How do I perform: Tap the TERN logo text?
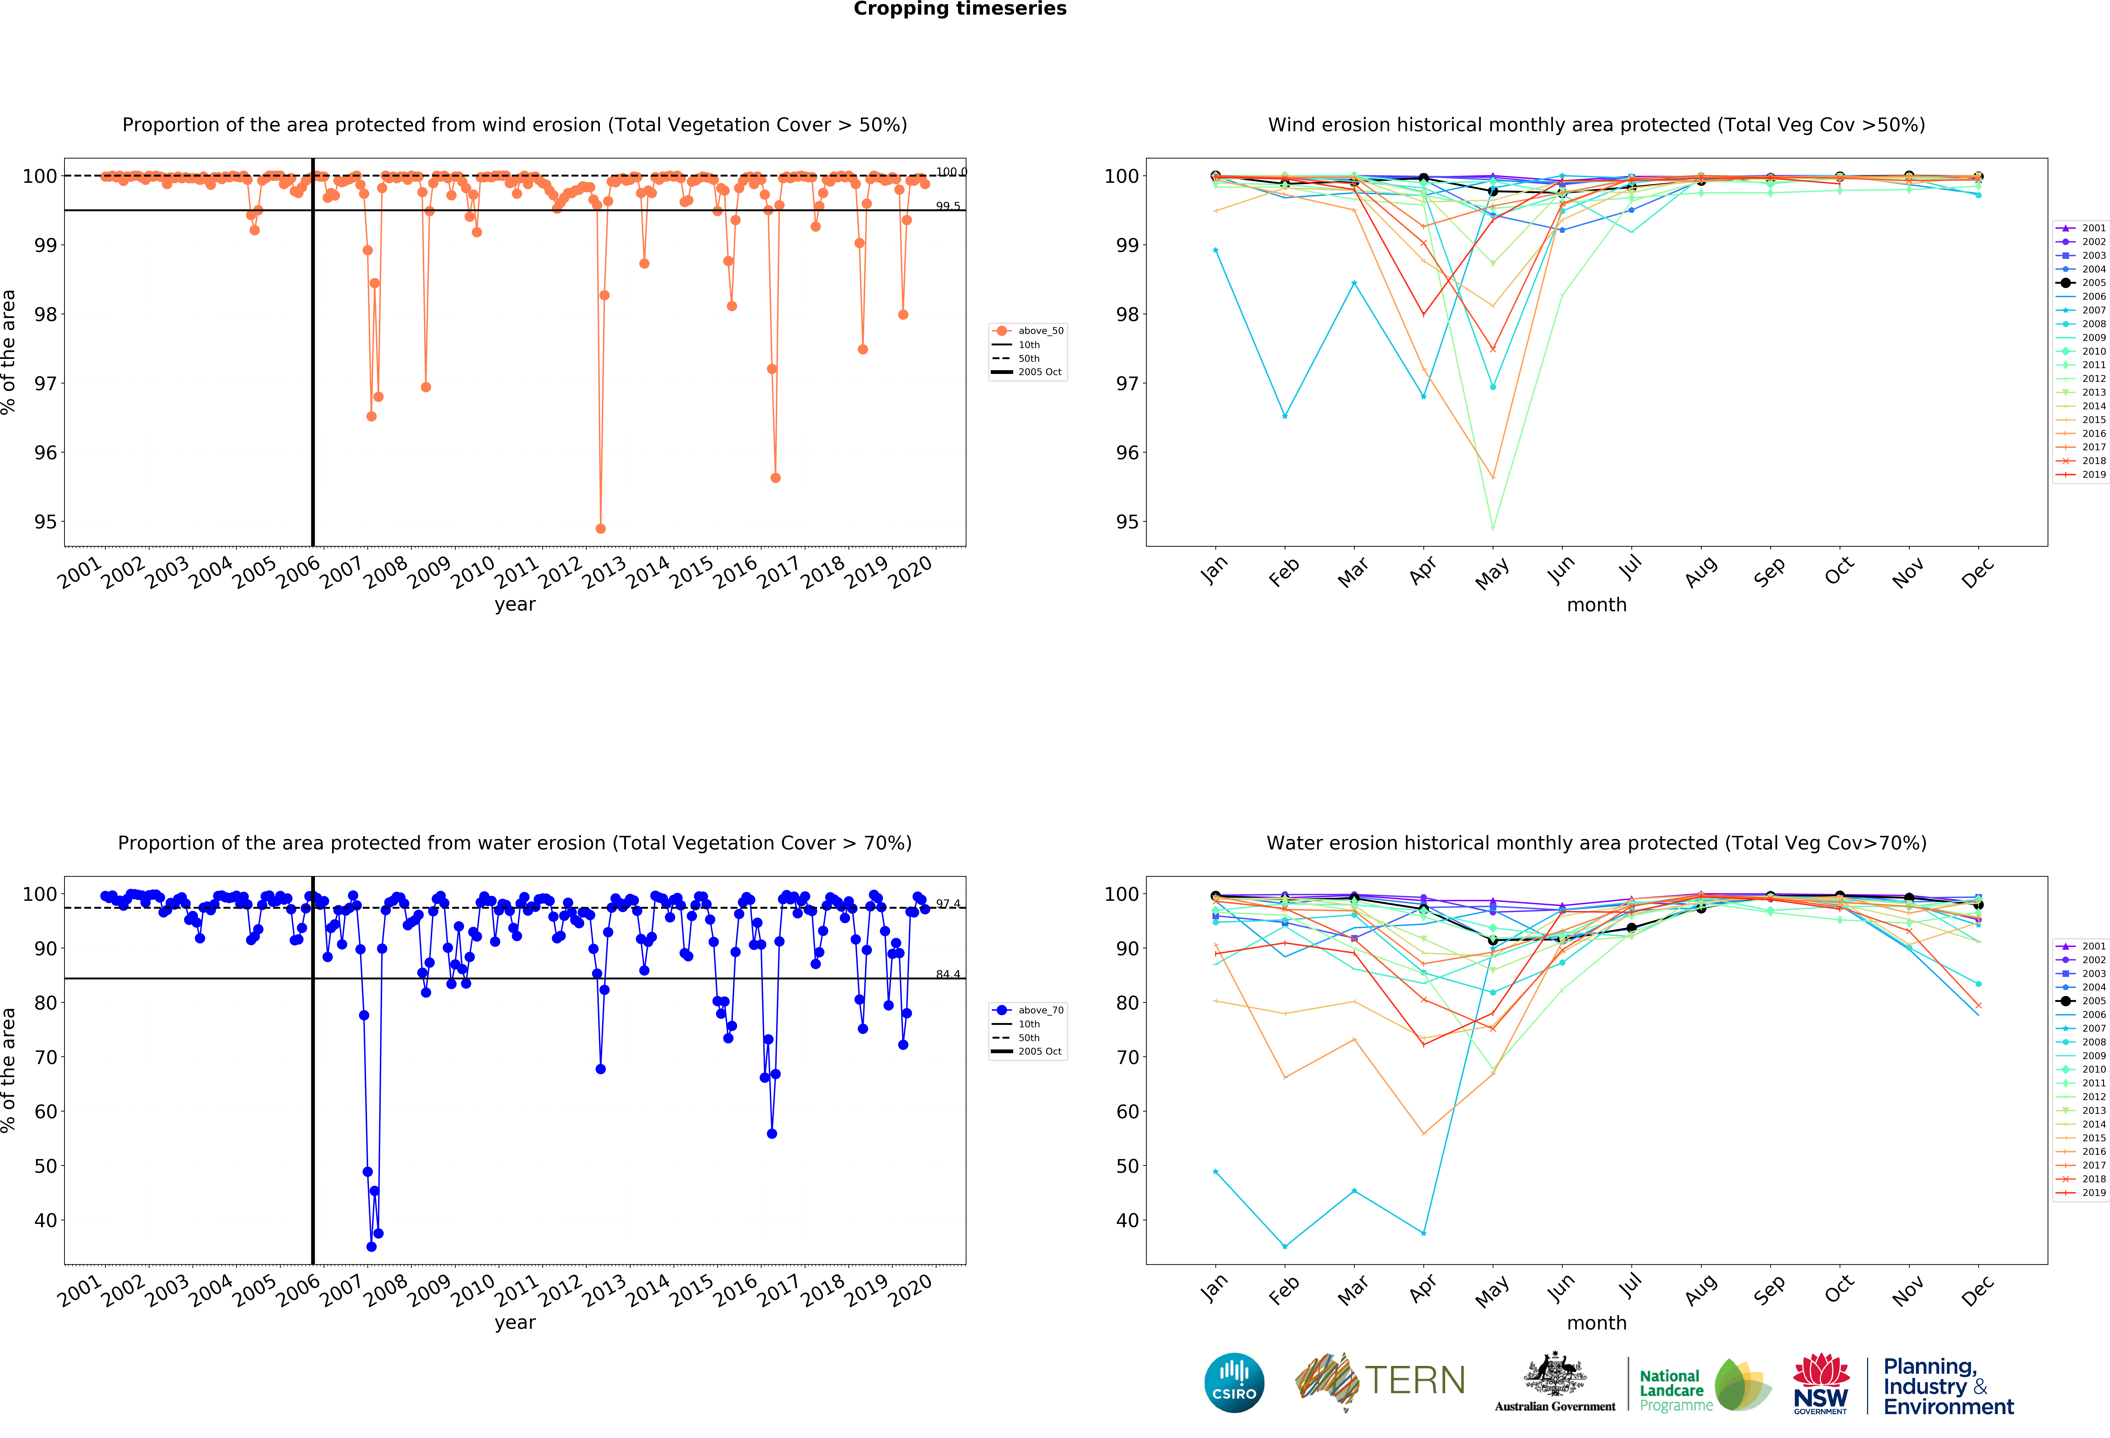point(1415,1381)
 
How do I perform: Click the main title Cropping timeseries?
point(960,9)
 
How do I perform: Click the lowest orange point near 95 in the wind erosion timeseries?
point(600,528)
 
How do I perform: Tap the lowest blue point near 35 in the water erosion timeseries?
point(371,1246)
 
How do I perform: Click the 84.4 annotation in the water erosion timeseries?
point(948,974)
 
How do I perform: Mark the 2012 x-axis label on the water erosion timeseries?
point(560,1290)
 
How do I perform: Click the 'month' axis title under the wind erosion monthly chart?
point(1596,605)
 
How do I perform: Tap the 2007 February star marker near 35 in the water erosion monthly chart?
point(1285,1246)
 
